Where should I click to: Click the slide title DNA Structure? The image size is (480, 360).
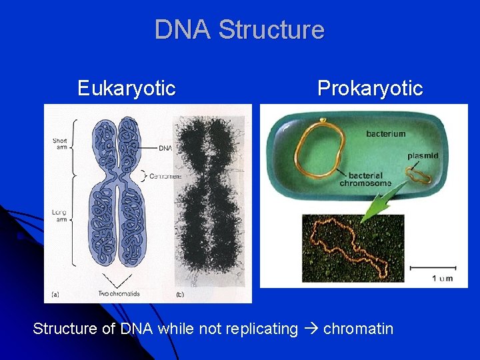pyautogui.click(x=239, y=30)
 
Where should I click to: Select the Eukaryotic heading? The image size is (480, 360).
pyautogui.click(x=126, y=88)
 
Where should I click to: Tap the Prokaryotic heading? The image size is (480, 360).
pyautogui.click(x=369, y=88)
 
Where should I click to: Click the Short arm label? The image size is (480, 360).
pyautogui.click(x=60, y=143)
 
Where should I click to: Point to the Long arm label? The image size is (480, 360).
pyautogui.click(x=59, y=215)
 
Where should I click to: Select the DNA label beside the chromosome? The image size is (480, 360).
pyautogui.click(x=165, y=147)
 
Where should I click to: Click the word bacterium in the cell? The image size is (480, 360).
pyautogui.click(x=385, y=134)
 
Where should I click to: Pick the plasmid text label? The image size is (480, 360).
pyautogui.click(x=423, y=155)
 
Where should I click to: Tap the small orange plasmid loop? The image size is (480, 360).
pyautogui.click(x=419, y=175)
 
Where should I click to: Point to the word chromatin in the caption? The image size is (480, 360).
pyautogui.click(x=358, y=329)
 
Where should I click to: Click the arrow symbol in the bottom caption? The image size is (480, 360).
pyautogui.click(x=310, y=329)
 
